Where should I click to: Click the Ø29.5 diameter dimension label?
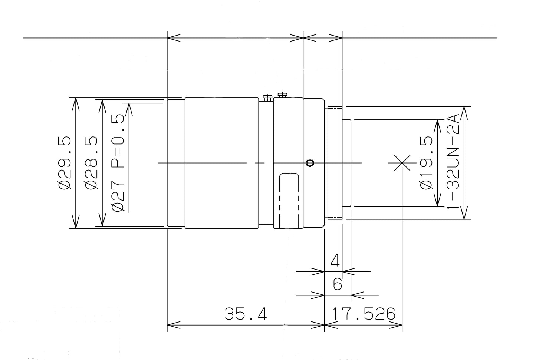[x=65, y=163]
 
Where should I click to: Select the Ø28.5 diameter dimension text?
[x=91, y=163]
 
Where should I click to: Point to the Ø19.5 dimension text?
[x=427, y=163]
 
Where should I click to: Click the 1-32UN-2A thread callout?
[x=453, y=161]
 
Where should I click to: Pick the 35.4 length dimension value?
[x=246, y=314]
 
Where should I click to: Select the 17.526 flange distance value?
[x=364, y=314]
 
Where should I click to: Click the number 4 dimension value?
[x=335, y=260]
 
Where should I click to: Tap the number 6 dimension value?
[x=338, y=284]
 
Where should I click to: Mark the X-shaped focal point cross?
[x=402, y=163]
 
